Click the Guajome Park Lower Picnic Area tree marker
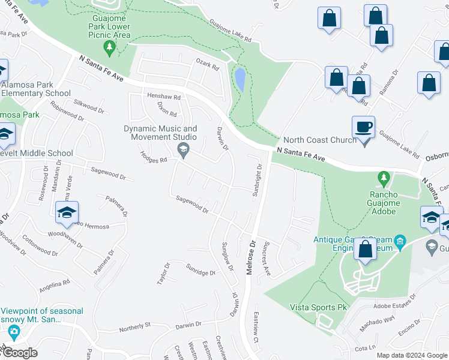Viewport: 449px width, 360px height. [x=109, y=47]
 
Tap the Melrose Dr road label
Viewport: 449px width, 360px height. [x=251, y=257]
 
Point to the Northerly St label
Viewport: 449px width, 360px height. [x=134, y=327]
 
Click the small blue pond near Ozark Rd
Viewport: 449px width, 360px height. [x=240, y=79]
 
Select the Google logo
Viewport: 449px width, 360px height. [x=19, y=353]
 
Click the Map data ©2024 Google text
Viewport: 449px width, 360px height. [x=411, y=355]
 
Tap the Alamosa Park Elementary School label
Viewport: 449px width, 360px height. [x=36, y=89]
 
